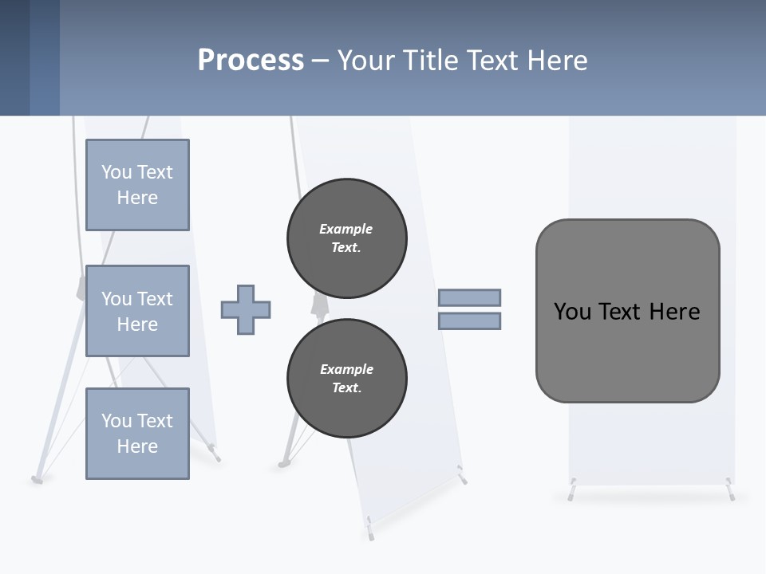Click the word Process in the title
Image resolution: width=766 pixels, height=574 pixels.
tap(251, 61)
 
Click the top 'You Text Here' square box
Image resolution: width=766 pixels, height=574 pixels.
tap(137, 185)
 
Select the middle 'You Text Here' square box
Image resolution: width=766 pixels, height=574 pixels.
tap(137, 311)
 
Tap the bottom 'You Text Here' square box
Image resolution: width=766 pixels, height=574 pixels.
tap(137, 433)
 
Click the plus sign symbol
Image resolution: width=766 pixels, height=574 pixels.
tap(245, 309)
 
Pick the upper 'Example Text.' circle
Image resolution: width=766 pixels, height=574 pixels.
tap(346, 238)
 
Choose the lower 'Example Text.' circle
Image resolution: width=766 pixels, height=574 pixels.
tap(346, 379)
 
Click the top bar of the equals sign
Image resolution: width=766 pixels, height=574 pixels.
tap(469, 297)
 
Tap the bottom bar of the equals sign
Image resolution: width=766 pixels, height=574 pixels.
tap(469, 321)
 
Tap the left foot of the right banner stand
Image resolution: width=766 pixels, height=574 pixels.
tap(572, 491)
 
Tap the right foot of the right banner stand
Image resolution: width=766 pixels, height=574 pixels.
tap(730, 491)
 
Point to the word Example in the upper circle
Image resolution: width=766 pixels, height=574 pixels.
tap(345, 229)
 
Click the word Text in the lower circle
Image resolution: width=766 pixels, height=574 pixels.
tap(345, 388)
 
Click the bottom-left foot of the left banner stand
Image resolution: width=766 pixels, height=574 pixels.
tap(37, 479)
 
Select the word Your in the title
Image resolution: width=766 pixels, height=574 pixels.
tap(361, 61)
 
